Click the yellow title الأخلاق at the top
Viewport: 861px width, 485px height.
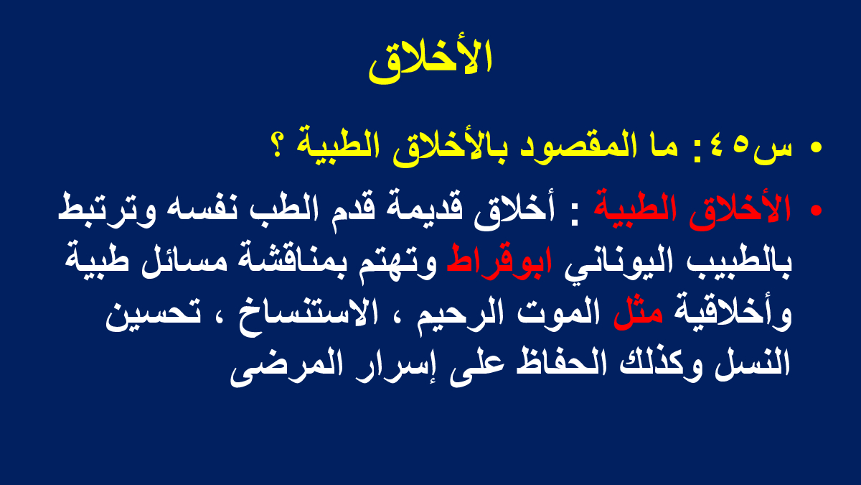[430, 61]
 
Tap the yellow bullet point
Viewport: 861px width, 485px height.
[815, 148]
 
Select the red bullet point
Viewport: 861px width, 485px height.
[815, 210]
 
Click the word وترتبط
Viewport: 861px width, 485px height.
[107, 210]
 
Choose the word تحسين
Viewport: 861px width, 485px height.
[153, 315]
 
